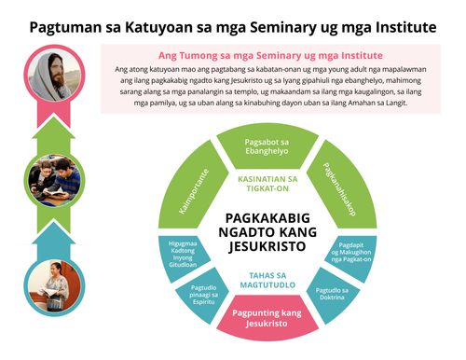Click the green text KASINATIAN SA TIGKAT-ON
coord(269,184)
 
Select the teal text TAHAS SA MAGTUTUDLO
coord(269,278)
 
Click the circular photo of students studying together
coord(50,179)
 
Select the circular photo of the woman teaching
coord(50,286)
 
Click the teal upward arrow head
coord(50,229)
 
